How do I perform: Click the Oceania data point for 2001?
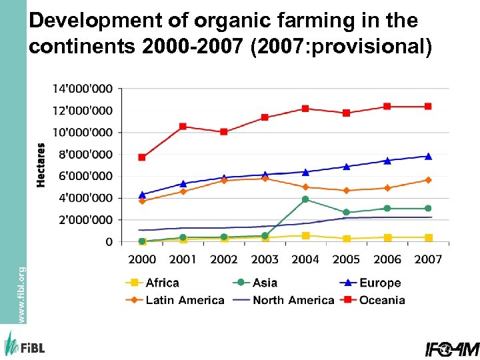tap(183, 126)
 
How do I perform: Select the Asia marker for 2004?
tap(305, 199)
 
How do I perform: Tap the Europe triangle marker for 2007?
tap(428, 157)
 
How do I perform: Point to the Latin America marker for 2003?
tap(265, 179)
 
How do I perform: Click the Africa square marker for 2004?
tap(305, 235)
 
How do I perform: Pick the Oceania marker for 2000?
tap(142, 157)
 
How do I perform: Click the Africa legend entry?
tap(153, 283)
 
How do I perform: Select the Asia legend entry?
tap(256, 283)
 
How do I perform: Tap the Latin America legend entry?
tap(175, 300)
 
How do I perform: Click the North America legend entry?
tap(284, 300)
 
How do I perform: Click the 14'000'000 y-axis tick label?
tap(83, 88)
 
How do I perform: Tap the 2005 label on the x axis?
tap(346, 259)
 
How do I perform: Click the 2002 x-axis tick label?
tap(223, 259)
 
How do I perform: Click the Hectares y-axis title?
tap(41, 164)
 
